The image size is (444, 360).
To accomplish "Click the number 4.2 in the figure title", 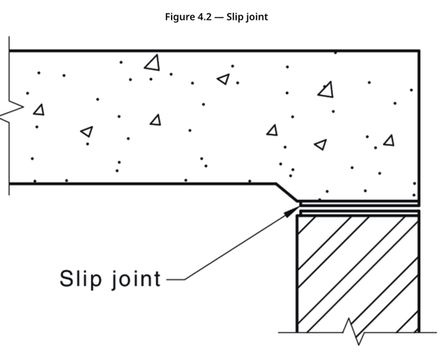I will click(203, 17).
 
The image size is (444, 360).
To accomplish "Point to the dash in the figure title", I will click(220, 17).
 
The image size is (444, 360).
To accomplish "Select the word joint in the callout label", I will click(135, 281).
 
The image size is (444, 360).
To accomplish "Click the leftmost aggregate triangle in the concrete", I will click(38, 110).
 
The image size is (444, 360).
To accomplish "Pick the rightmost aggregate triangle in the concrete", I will click(388, 140).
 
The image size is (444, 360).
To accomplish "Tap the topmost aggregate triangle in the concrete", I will click(153, 63).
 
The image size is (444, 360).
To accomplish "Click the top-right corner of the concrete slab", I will click(420, 50).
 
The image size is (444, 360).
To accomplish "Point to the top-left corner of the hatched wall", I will click(297, 216).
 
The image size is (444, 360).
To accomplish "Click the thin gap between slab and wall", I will click(359, 207).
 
